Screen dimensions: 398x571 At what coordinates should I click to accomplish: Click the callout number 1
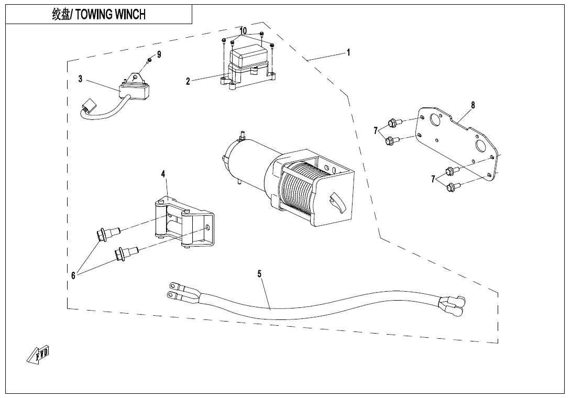[x=348, y=53]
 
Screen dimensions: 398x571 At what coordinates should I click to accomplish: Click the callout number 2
[x=188, y=81]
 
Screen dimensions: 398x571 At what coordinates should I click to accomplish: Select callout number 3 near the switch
[x=80, y=79]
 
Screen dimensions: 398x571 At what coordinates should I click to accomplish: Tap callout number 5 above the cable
[x=259, y=273]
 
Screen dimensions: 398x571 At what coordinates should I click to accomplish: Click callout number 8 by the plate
[x=473, y=105]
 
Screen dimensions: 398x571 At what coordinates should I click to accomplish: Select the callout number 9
[x=159, y=54]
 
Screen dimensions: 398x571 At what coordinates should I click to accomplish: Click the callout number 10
[x=243, y=31]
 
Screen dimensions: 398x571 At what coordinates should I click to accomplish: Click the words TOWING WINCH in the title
[x=111, y=15]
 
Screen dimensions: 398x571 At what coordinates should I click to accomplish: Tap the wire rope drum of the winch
[x=299, y=189]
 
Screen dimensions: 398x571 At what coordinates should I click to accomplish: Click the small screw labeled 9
[x=149, y=61]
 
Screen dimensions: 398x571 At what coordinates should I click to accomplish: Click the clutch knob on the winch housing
[x=335, y=201]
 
